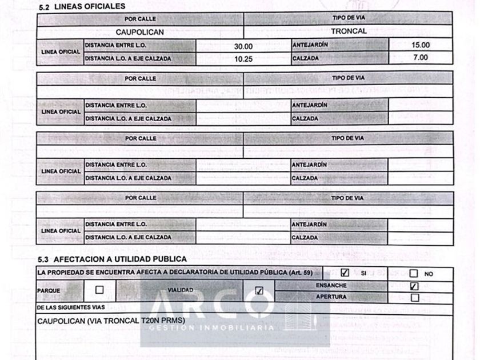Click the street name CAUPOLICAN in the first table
pos(140,32)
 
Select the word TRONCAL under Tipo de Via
pos(349,31)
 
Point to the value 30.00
pos(243,46)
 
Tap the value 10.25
pos(243,58)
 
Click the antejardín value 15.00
pos(421,45)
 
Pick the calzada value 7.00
pos(421,58)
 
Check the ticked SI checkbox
pos(345,273)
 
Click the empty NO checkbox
pos(414,274)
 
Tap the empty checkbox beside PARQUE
pos(99,290)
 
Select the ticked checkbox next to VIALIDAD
pos(259,291)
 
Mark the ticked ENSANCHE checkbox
pos(415,286)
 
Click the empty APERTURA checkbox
pos(415,297)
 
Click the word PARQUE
pos(49,290)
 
